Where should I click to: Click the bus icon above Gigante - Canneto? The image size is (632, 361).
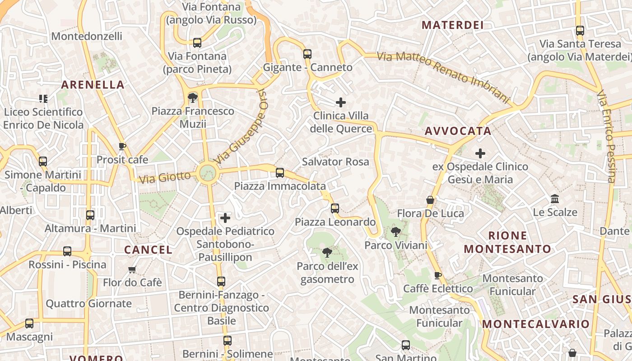(307, 54)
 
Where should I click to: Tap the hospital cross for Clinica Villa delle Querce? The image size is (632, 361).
(341, 102)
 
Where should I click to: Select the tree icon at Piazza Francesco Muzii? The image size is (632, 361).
(193, 97)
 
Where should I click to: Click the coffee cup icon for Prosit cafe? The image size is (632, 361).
(122, 146)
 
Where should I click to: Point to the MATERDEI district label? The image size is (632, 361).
(453, 25)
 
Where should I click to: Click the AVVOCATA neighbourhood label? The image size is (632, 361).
(458, 131)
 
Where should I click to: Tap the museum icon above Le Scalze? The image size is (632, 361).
(555, 199)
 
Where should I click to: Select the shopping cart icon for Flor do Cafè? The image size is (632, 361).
(132, 269)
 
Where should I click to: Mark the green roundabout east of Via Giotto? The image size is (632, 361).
(207, 172)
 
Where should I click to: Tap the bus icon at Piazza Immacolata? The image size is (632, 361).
(280, 173)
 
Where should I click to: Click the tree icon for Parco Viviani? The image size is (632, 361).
(395, 232)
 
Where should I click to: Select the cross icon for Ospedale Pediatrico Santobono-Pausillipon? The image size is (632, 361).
(225, 218)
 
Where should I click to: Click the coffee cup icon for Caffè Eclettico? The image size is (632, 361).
(437, 275)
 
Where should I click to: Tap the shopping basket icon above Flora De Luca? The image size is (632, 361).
(430, 199)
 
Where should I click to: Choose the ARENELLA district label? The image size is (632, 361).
(93, 85)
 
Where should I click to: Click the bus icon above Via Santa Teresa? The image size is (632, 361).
(580, 31)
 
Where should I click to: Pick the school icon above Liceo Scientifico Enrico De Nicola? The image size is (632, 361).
(43, 98)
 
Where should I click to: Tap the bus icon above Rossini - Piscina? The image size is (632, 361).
(67, 251)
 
